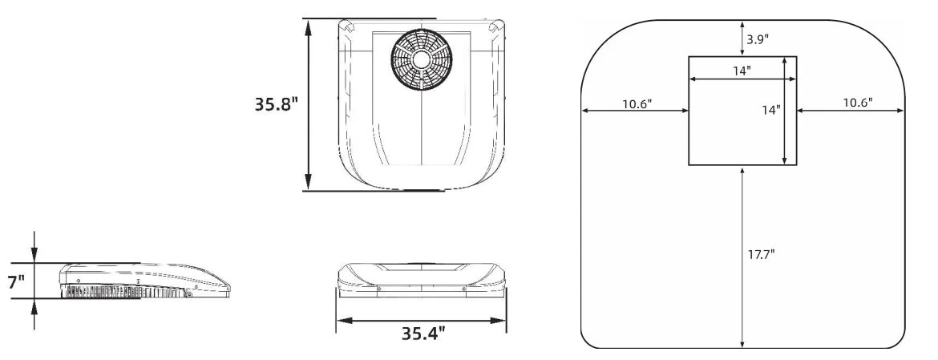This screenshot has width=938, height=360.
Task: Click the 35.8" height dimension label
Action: [x=277, y=105]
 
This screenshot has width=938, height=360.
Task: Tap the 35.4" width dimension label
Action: [x=423, y=333]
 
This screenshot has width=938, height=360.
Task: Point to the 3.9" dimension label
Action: [x=758, y=38]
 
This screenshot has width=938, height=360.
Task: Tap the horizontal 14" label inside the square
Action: [x=742, y=71]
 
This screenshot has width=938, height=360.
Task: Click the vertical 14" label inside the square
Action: [x=770, y=109]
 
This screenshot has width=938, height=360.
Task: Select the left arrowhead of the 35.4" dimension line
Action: [x=341, y=320]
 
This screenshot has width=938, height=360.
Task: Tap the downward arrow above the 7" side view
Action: [x=34, y=256]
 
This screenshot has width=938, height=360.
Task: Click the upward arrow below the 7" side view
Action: [x=34, y=305]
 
